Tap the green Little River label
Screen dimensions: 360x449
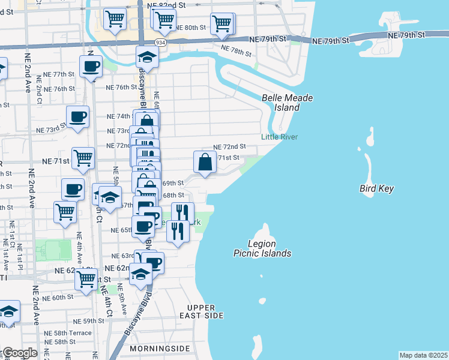click(x=279, y=137)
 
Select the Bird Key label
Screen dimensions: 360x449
click(x=377, y=188)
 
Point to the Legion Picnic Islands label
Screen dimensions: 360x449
click(x=262, y=248)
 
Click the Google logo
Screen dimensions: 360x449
click(x=19, y=353)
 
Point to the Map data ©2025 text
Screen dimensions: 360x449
click(x=423, y=355)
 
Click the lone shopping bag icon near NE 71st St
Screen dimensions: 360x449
click(x=205, y=162)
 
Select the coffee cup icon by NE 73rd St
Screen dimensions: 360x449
click(x=77, y=117)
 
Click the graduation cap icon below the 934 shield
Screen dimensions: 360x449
click(x=146, y=58)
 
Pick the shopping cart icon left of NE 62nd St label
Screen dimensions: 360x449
click(x=86, y=278)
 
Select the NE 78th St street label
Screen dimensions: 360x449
click(x=235, y=50)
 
